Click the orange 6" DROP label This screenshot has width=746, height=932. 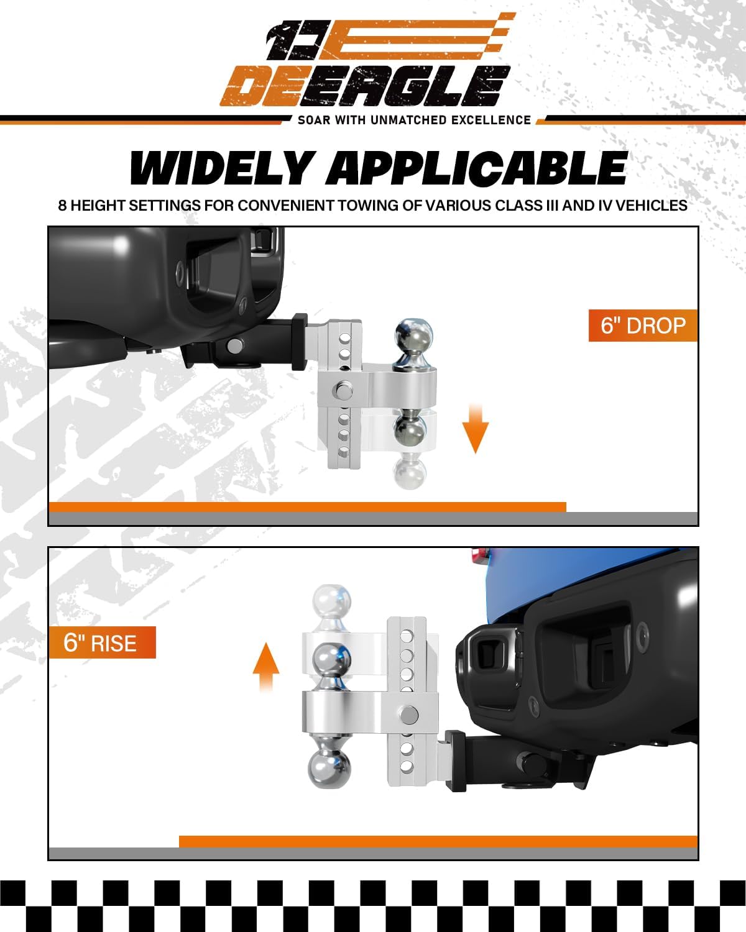point(643,326)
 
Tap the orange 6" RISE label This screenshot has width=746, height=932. point(101,642)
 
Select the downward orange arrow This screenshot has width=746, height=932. point(476,429)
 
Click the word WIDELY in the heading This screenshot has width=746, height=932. point(221,168)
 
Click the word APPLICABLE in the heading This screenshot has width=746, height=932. point(477,168)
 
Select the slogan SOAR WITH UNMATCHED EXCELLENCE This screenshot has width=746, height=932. point(414,120)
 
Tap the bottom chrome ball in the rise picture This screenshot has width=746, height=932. point(329,768)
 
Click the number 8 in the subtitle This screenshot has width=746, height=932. point(62,206)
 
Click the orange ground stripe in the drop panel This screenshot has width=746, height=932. point(307,507)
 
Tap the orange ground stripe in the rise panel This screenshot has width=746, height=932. point(438,841)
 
